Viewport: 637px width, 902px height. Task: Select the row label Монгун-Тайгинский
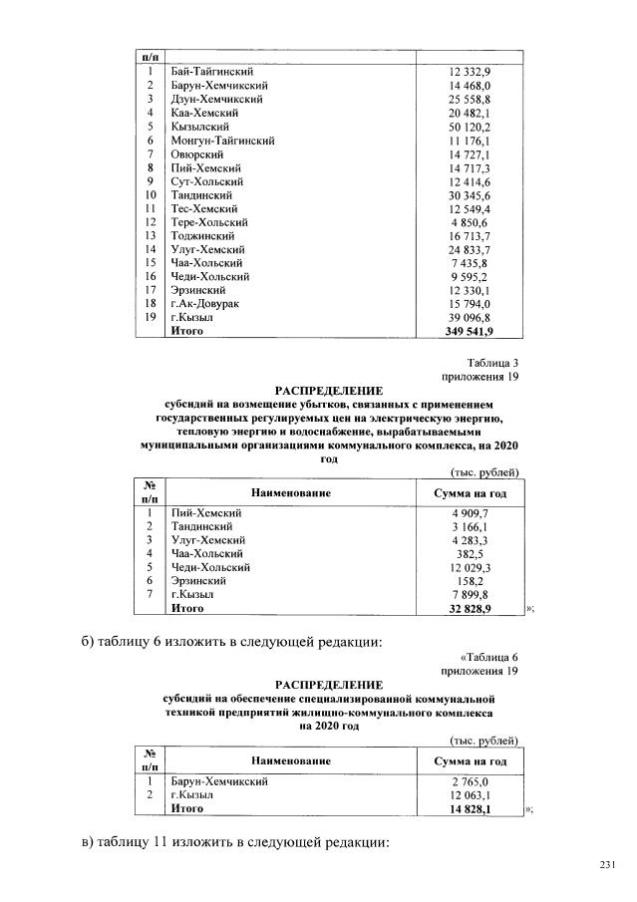coord(222,141)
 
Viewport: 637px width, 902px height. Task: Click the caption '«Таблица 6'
coord(489,658)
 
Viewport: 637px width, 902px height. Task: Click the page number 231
coord(609,863)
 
